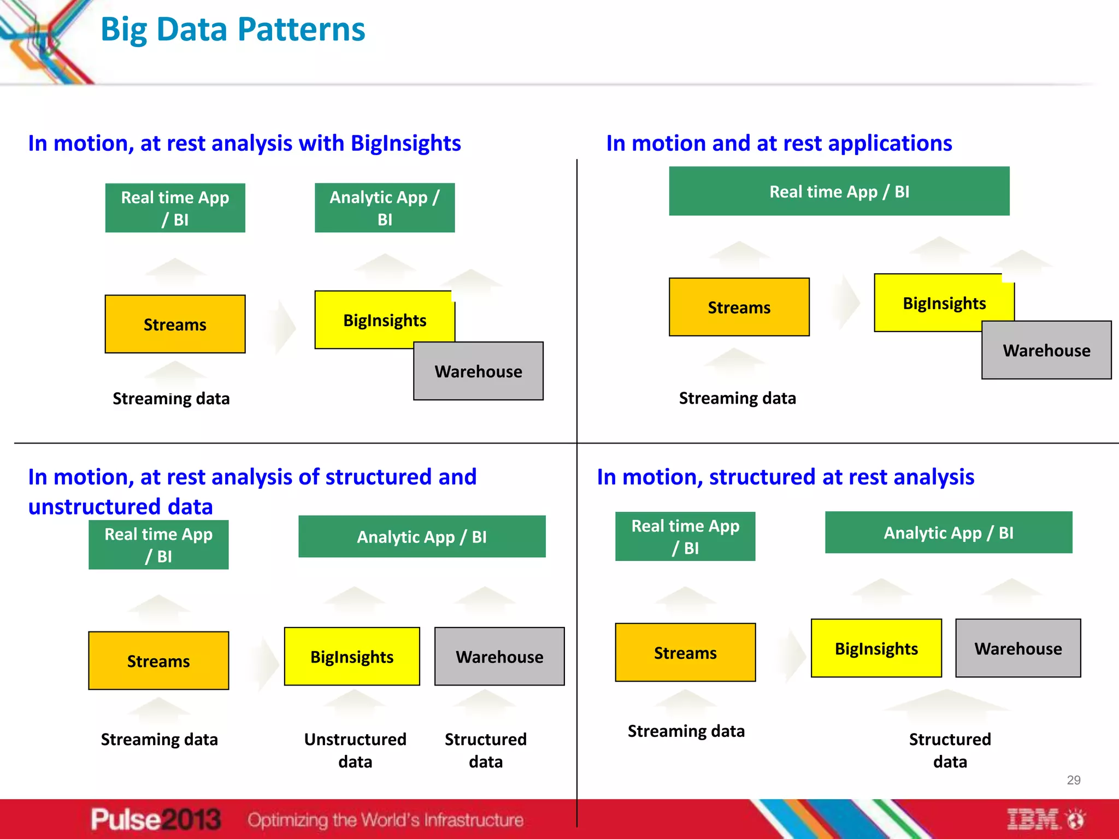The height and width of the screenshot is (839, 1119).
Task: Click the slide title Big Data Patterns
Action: pos(233,30)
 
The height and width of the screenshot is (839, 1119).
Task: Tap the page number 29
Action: pos(1073,780)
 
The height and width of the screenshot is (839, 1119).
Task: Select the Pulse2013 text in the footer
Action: pos(156,819)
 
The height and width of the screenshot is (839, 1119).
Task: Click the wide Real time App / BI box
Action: pos(839,191)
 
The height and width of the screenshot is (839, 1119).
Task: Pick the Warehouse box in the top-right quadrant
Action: pos(1046,350)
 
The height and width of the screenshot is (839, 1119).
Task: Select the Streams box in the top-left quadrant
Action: pos(175,324)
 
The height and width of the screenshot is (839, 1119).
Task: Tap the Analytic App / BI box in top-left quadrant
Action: pos(385,208)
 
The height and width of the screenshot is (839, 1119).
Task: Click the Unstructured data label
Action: pos(355,750)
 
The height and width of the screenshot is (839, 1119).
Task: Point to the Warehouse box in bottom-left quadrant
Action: pos(499,657)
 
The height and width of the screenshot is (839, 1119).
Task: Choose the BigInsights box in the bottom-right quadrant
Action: pos(876,648)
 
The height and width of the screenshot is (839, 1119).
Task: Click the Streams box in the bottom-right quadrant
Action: pos(685,653)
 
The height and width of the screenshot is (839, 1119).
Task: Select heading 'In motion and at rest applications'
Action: pos(779,143)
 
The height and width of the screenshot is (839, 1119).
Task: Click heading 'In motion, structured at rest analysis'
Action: pos(785,477)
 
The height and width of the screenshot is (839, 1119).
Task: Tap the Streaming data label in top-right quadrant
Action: pos(737,398)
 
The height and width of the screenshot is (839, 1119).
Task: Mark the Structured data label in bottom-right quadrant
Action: pos(950,750)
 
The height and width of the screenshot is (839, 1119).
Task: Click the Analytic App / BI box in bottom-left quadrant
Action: pos(422,537)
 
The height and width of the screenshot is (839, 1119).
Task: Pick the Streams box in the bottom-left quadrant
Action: pos(158,661)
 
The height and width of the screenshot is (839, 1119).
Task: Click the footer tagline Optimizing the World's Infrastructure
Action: pos(385,820)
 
